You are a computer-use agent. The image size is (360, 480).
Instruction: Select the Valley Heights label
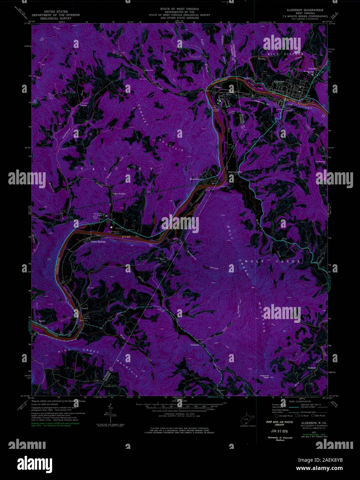pos(118,194)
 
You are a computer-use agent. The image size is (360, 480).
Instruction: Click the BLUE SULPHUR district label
pos(287,54)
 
